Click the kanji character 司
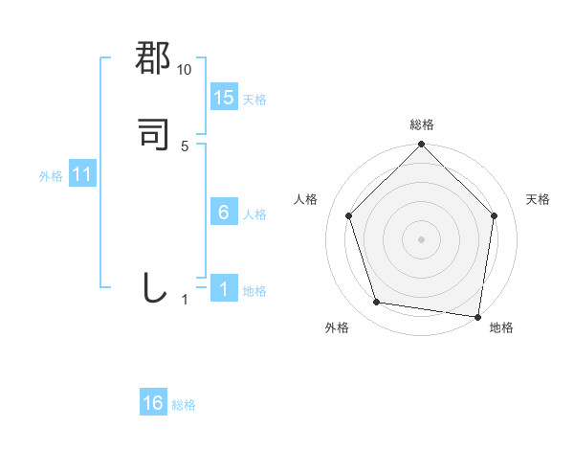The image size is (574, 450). [154, 135]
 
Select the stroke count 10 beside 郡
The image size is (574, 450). [185, 70]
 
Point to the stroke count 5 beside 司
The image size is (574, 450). [185, 146]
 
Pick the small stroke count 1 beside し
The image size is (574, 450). [185, 300]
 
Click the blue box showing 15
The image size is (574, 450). [224, 98]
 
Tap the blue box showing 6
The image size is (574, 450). [224, 213]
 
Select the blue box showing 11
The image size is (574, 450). [82, 175]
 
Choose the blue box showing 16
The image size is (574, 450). [153, 403]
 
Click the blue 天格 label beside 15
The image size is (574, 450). [255, 100]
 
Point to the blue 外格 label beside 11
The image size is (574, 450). [51, 176]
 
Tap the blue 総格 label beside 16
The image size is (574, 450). [185, 405]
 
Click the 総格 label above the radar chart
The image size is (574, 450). [422, 124]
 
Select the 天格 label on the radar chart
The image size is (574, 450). [538, 199]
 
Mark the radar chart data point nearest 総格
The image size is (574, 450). [422, 146]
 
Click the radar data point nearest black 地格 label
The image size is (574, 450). [478, 316]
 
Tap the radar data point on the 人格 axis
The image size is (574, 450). [349, 215]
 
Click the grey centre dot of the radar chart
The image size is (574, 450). [422, 238]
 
